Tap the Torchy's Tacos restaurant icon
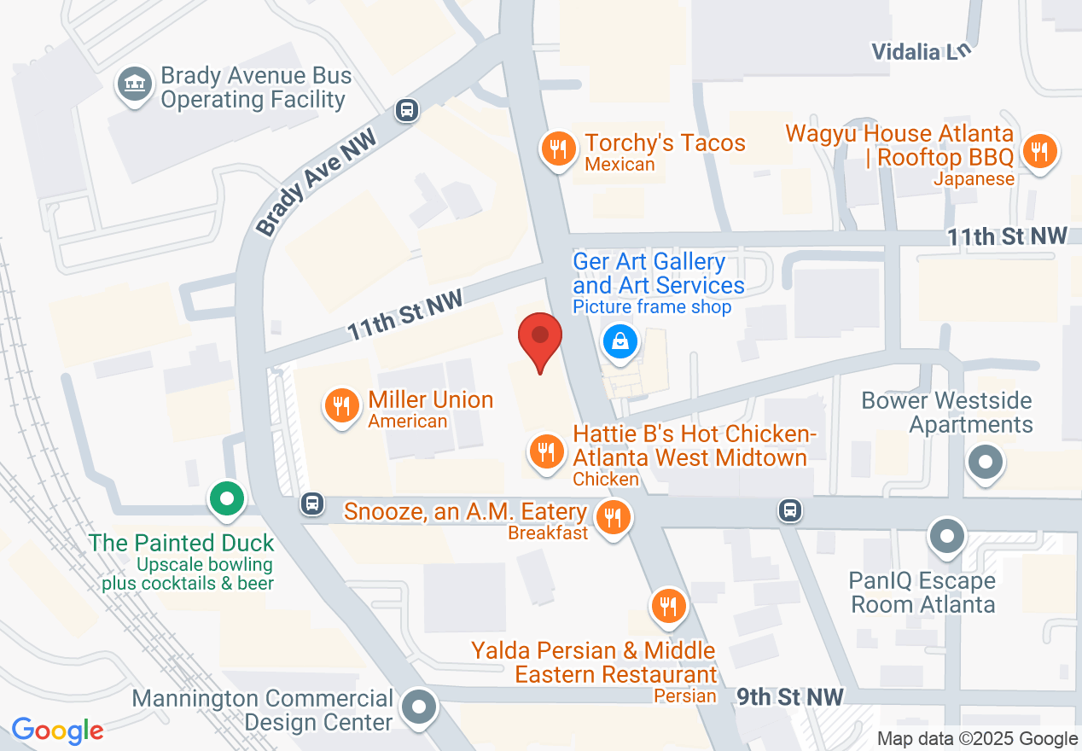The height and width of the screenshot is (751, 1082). point(558,150)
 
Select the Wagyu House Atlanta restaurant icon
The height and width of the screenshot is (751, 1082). point(1038,153)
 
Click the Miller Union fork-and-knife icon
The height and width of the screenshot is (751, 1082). point(341,407)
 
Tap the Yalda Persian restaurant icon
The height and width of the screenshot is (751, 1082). point(668,607)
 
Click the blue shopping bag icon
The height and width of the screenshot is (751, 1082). point(621,342)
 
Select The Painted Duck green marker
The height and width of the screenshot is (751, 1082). point(226,499)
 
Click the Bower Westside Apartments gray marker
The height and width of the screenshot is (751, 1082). point(986,463)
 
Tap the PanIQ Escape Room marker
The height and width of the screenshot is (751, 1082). point(946,538)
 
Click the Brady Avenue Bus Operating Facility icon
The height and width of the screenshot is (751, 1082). point(134,85)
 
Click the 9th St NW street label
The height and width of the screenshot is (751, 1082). point(790,697)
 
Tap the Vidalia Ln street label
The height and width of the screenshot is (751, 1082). point(922,51)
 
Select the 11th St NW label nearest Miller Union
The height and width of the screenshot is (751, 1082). point(404,315)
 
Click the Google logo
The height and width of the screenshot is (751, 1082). point(57,731)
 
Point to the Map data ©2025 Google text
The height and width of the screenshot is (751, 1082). point(977,739)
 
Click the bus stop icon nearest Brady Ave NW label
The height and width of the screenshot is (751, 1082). point(407,110)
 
